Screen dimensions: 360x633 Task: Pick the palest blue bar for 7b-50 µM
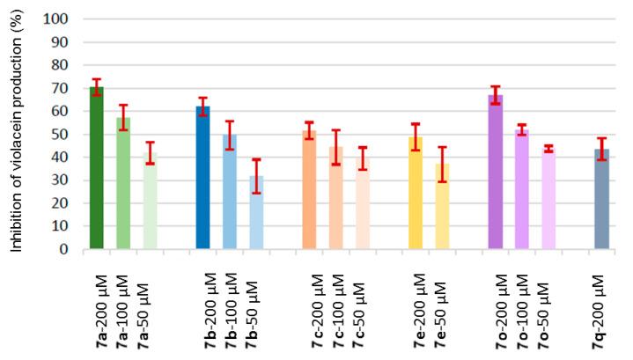pyautogui.click(x=256, y=212)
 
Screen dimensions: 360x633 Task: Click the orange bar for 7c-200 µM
pyautogui.click(x=309, y=190)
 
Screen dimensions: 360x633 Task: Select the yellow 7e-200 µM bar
pyautogui.click(x=416, y=193)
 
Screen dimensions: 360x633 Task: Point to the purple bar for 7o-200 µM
pyautogui.click(x=496, y=173)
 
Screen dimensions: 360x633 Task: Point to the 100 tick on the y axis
pyautogui.click(x=68, y=18)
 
